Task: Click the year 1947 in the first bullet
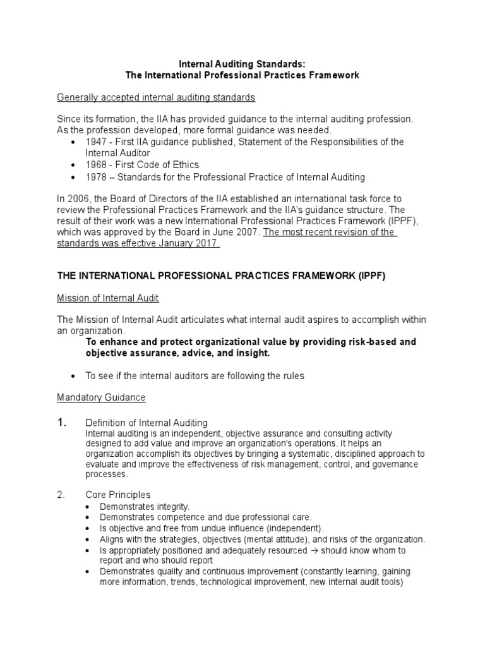coord(96,142)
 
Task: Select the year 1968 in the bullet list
coord(96,165)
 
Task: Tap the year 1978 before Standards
coord(96,177)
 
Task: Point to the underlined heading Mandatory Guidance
coord(101,397)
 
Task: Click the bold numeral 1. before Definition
coord(62,423)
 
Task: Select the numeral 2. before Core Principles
coord(61,494)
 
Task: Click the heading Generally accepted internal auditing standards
coord(156,97)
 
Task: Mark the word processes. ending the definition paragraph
coord(106,474)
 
